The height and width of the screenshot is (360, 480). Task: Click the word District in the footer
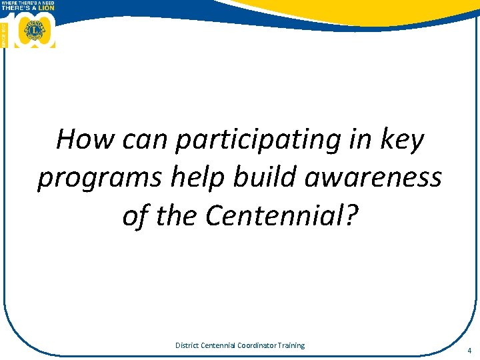coord(187,345)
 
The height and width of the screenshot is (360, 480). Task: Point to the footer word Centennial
coord(219,345)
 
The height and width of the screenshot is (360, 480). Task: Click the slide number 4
coord(469,350)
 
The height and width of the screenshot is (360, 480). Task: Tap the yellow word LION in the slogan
coord(46,8)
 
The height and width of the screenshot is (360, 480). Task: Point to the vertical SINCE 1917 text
coord(4,31)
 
